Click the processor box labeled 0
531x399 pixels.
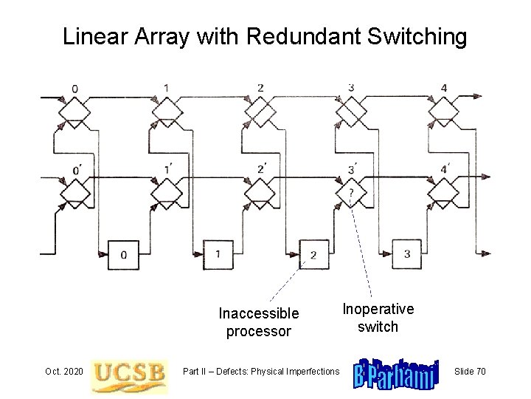pos(124,255)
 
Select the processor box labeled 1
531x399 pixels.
pos(218,254)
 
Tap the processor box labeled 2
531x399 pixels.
pos(313,255)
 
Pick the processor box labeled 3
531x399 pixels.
pos(406,254)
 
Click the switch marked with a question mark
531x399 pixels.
pos(351,194)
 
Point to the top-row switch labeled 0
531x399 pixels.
pos(73,113)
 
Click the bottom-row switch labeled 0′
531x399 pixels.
pos(73,194)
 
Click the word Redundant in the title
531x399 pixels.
pos(306,36)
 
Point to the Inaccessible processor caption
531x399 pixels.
pos(259,322)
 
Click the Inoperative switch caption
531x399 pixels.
pos(378,317)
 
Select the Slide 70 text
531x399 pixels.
pos(470,371)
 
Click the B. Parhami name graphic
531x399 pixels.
pos(397,371)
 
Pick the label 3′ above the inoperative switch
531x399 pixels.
pos(352,169)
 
